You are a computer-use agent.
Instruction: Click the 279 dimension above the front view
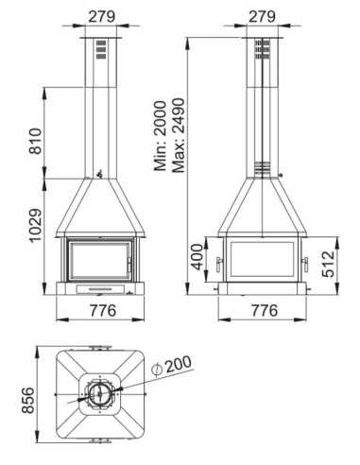(102, 15)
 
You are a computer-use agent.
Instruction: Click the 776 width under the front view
(102, 311)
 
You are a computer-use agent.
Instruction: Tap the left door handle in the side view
(220, 261)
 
